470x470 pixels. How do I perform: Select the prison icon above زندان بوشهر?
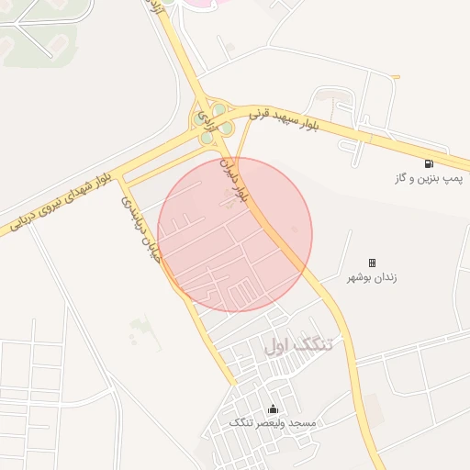[x=373, y=263]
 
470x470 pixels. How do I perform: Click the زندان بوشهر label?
[x=372, y=276]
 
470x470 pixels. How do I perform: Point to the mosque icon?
[x=272, y=408]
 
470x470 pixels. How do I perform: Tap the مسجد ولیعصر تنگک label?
[x=272, y=422]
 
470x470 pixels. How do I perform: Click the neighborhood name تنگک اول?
[x=299, y=345]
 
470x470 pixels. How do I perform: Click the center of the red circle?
[x=235, y=234]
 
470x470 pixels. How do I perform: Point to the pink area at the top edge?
[x=207, y=3]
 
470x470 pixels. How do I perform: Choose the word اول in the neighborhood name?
[x=277, y=345]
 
